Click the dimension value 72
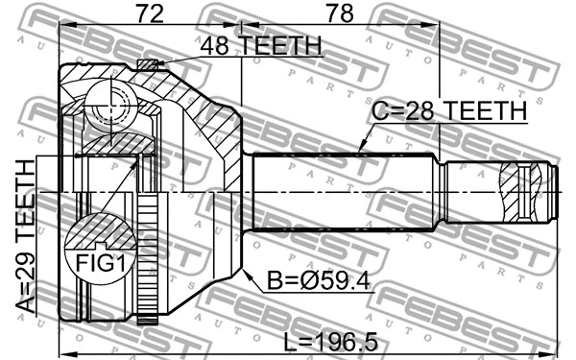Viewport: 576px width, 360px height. click(148, 14)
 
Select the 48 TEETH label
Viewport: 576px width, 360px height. click(258, 46)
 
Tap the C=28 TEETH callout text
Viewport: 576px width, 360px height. click(449, 111)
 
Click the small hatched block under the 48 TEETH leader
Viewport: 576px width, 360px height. click(147, 65)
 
